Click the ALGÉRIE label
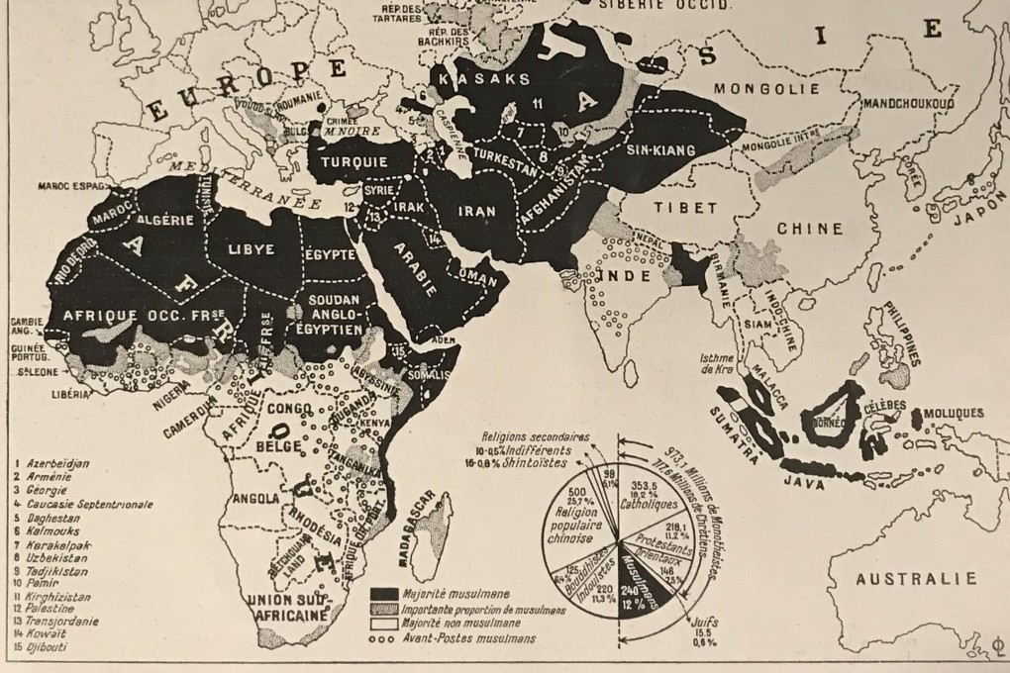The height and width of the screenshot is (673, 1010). coord(171,222)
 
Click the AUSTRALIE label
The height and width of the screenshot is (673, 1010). coord(916,579)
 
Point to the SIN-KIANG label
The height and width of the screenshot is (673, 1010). coord(664,149)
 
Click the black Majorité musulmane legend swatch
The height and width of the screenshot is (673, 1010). coord(383,594)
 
